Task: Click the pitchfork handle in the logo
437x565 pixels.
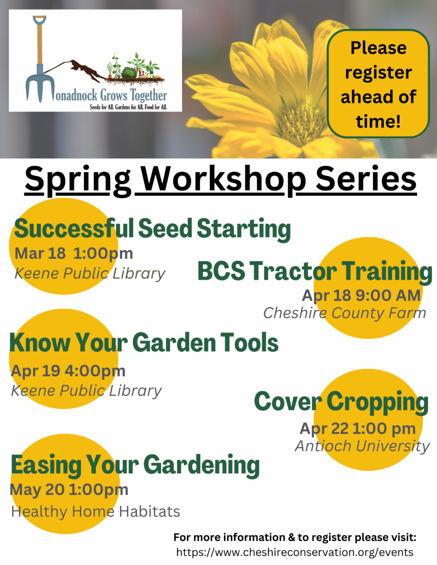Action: click(x=40, y=41)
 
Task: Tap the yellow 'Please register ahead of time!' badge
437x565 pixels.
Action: click(x=378, y=83)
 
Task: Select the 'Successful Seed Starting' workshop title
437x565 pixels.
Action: click(x=152, y=229)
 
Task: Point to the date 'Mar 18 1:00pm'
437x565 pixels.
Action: click(x=74, y=254)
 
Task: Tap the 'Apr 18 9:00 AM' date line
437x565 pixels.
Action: click(x=361, y=296)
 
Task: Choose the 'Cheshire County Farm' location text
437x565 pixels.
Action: click(x=345, y=313)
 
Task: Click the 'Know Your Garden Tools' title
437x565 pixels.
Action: click(x=144, y=342)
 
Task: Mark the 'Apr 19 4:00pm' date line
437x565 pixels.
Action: click(x=68, y=371)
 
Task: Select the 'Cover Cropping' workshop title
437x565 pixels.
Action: click(x=341, y=402)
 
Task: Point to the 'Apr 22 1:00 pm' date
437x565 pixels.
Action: click(x=358, y=429)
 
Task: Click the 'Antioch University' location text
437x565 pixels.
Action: click(x=362, y=446)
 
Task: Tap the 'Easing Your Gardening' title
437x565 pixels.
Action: click(x=135, y=466)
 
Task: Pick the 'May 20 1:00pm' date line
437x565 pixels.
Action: click(x=69, y=490)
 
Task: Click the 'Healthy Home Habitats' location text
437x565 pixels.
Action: click(x=95, y=512)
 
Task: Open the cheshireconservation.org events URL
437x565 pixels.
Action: click(x=295, y=552)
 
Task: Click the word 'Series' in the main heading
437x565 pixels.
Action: click(x=366, y=180)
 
